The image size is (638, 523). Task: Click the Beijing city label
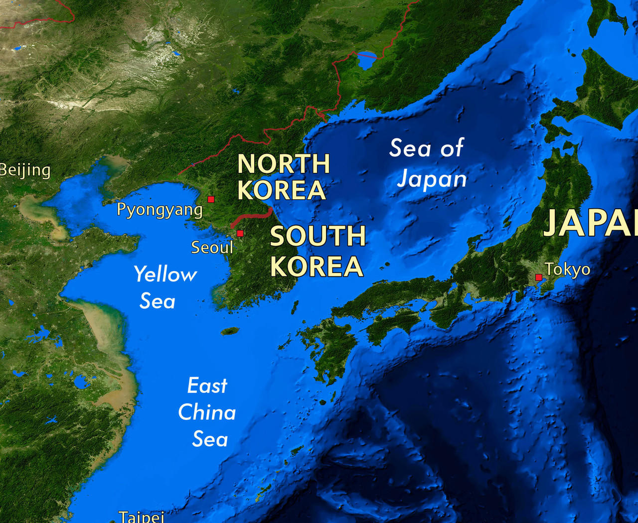coord(25,170)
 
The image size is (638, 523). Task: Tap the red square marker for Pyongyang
coord(211,199)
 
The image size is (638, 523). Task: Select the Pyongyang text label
coord(159,210)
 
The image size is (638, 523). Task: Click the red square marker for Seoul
coord(240,233)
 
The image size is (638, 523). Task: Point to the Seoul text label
coord(212,248)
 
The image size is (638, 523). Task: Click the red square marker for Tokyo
coord(538,277)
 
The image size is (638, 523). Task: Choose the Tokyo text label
coord(567,269)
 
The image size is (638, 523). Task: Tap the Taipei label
coord(141,517)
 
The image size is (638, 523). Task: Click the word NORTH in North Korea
coord(284,164)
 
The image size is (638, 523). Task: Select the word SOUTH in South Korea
coord(318,236)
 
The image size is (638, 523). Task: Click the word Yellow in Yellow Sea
coord(165,275)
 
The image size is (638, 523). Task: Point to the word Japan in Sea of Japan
coord(432,179)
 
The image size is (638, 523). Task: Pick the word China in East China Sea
coord(207,412)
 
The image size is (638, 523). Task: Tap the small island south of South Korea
coord(230,331)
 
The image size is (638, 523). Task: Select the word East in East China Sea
coord(207,386)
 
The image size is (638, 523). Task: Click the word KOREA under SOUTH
coord(317,266)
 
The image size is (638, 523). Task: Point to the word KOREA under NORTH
coord(282,190)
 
